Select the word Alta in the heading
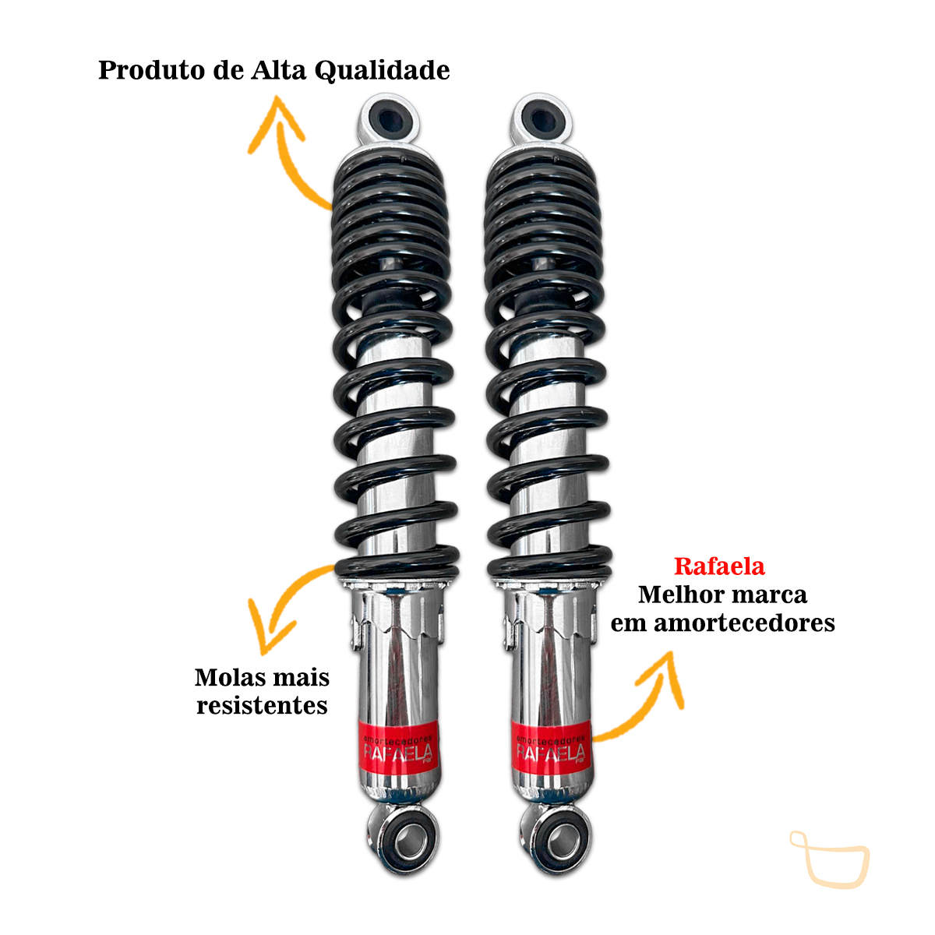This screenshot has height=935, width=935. click(x=278, y=70)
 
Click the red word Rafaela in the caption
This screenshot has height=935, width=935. click(x=719, y=566)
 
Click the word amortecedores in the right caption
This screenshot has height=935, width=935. click(x=744, y=623)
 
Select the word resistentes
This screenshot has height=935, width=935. click(x=262, y=705)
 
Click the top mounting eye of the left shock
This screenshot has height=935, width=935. click(x=389, y=119)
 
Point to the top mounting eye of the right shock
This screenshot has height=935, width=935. click(x=541, y=119)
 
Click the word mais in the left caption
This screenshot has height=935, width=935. click(x=302, y=677)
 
